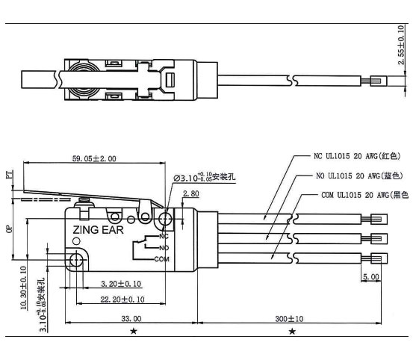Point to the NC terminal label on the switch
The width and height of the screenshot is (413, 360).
tap(162, 237)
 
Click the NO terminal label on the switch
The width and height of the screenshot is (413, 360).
tap(162, 247)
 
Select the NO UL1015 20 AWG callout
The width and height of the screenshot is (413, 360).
tap(361, 176)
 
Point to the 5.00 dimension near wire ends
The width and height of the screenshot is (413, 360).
tap(370, 276)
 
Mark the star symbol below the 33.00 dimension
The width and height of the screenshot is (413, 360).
tap(133, 330)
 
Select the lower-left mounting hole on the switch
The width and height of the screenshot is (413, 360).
tap(75, 260)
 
